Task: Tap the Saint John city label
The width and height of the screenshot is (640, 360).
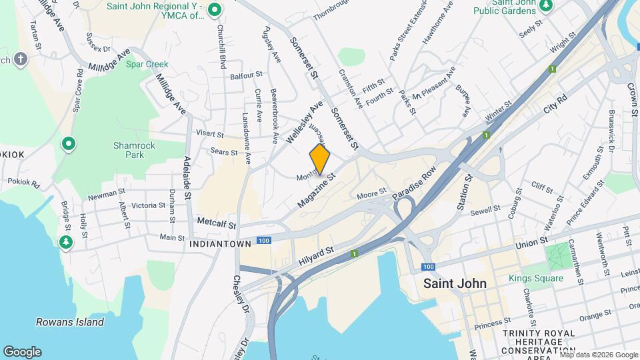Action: (455, 283)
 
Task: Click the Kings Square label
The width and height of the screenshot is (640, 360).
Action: (536, 278)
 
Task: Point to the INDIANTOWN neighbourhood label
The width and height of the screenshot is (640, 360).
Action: (220, 244)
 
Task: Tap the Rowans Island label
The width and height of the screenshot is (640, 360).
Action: (70, 322)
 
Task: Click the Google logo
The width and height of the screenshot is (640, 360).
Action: (22, 352)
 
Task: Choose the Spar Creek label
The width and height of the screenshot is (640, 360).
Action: (147, 65)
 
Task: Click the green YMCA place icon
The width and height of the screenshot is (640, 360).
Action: (214, 9)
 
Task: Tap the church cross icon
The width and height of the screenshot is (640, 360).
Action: (21, 60)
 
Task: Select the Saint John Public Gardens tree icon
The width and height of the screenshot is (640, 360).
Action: (546, 6)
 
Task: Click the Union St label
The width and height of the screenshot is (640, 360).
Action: (531, 241)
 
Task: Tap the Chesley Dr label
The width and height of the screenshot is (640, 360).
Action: (240, 293)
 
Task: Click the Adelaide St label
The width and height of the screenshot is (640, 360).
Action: (188, 179)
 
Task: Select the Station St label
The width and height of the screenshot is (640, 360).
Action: (465, 193)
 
